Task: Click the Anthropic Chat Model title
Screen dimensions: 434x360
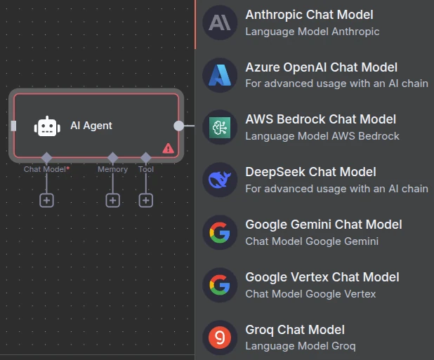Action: click(x=309, y=15)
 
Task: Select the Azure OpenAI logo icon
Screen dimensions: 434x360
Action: click(x=220, y=75)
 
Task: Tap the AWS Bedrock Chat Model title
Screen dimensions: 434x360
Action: click(x=320, y=119)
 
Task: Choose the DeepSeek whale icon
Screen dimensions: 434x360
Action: click(x=220, y=180)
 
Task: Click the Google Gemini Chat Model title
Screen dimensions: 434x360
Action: click(x=324, y=225)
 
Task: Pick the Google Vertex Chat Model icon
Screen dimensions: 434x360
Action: click(x=220, y=285)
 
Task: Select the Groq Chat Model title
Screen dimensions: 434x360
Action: click(x=295, y=330)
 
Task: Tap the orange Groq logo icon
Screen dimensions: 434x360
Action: click(x=220, y=338)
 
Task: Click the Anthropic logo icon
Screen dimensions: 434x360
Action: click(x=220, y=22)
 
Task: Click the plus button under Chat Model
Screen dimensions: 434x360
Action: click(x=46, y=201)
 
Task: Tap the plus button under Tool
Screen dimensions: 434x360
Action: click(x=146, y=201)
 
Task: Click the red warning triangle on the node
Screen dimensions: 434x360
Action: click(x=168, y=148)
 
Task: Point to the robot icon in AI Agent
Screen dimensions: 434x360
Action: click(x=47, y=126)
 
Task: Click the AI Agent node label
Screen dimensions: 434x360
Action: click(x=91, y=126)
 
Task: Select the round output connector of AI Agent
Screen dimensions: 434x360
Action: click(x=179, y=126)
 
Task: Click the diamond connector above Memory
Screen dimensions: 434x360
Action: click(x=112, y=158)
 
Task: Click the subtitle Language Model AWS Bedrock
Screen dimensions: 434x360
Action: click(x=322, y=136)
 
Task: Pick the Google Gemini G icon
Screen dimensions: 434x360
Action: click(x=220, y=232)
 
